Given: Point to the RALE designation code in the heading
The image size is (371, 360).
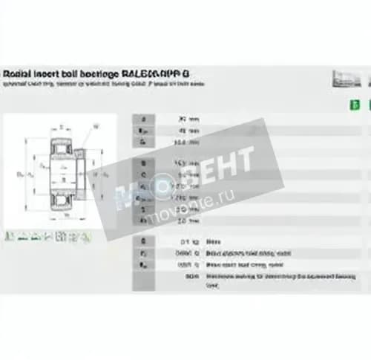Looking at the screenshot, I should pyautogui.click(x=138, y=74).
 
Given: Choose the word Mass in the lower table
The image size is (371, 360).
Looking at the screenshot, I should pyautogui.click(x=213, y=241).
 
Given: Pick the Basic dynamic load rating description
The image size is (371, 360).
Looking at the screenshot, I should pyautogui.click(x=244, y=253).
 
